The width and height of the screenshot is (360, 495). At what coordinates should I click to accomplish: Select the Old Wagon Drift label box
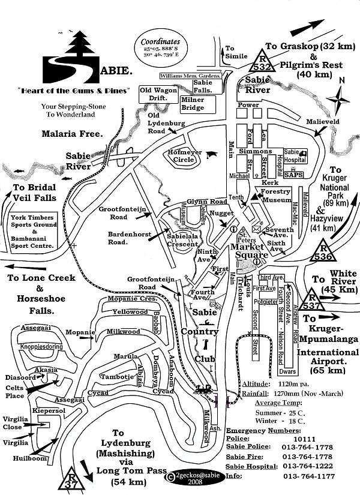pos(158,94)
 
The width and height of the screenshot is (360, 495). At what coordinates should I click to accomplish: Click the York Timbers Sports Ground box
pos(32,231)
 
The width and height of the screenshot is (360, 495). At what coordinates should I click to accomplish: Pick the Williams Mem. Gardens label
pos(190,76)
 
